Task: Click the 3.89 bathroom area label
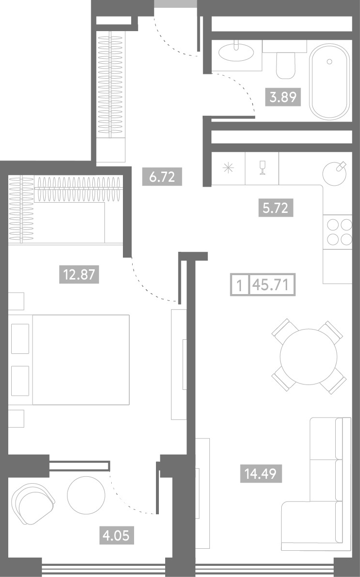point(283,97)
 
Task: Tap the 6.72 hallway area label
point(162,176)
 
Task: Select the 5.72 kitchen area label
point(275,208)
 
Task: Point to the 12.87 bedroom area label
point(79,274)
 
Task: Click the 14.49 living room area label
point(261,473)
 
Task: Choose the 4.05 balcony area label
point(116,535)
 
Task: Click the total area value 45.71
point(272,285)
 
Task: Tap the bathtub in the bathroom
point(329,82)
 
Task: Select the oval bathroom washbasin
point(236,52)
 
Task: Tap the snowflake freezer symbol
point(228,169)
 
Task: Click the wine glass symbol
point(262,168)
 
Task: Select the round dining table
point(309,357)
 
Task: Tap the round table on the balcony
point(86,495)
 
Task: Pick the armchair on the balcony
point(33,504)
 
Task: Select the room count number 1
point(240,285)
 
